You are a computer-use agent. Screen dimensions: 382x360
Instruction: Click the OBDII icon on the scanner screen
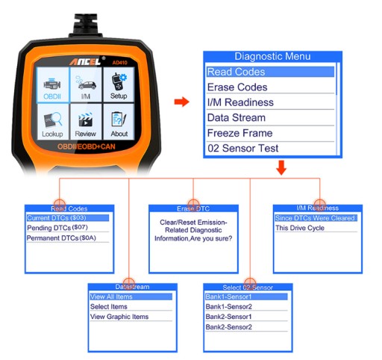pyautogui.click(x=52, y=84)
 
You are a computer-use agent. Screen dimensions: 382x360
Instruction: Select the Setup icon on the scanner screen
pyautogui.click(x=119, y=81)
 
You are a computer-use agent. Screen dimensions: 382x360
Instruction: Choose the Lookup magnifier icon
pyautogui.click(x=53, y=120)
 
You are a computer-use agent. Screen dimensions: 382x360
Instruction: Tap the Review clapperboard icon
pyautogui.click(x=86, y=120)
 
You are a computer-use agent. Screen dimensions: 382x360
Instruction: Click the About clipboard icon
pyautogui.click(x=119, y=120)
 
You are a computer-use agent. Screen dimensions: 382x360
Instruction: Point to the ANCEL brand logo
pyautogui.click(x=85, y=61)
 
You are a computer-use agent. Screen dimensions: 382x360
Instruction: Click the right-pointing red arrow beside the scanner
pyautogui.click(x=182, y=102)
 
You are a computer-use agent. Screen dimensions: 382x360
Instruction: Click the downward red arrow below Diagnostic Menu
pyautogui.click(x=281, y=167)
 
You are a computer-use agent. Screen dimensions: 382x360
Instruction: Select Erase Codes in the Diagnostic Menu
pyautogui.click(x=237, y=87)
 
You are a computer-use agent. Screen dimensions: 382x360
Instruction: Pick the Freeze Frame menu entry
pyautogui.click(x=239, y=133)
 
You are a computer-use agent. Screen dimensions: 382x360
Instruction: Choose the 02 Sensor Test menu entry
pyautogui.click(x=242, y=149)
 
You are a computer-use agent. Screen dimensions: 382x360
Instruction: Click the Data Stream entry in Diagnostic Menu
pyautogui.click(x=237, y=118)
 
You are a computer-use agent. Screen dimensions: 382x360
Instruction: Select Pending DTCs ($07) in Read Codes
pyautogui.click(x=57, y=228)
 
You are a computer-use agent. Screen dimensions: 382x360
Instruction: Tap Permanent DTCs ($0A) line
pyautogui.click(x=61, y=238)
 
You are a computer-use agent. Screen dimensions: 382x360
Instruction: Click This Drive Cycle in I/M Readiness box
pyautogui.click(x=300, y=228)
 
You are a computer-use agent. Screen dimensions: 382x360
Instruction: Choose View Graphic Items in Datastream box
pyautogui.click(x=119, y=317)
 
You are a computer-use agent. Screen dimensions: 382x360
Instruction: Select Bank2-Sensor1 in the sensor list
pyautogui.click(x=228, y=317)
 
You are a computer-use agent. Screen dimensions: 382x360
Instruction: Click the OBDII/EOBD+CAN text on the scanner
pyautogui.click(x=87, y=146)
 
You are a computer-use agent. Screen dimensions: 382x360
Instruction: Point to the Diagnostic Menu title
pyautogui.click(x=272, y=57)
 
